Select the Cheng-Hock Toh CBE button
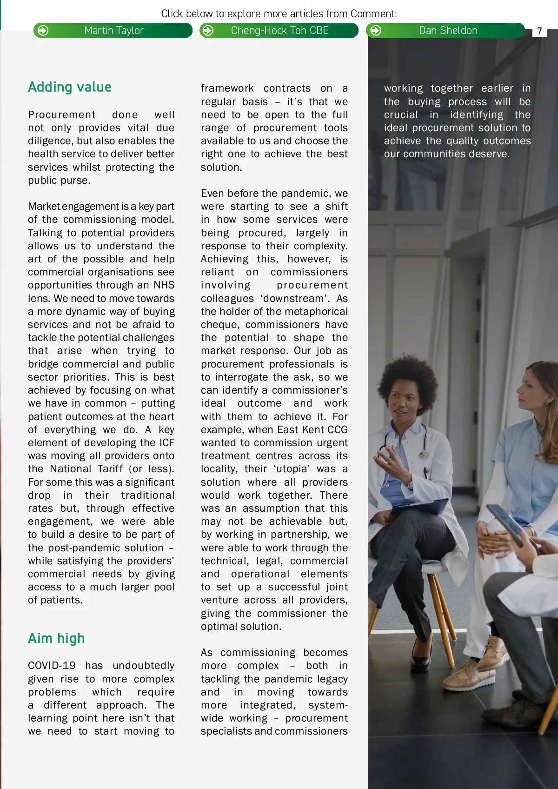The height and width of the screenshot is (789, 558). pyautogui.click(x=279, y=31)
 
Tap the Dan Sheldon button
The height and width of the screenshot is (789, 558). pyautogui.click(x=447, y=31)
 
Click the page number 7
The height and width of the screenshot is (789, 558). pyautogui.click(x=539, y=31)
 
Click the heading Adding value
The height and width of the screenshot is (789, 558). pyautogui.click(x=70, y=87)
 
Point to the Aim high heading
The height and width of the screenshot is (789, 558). pyautogui.click(x=56, y=638)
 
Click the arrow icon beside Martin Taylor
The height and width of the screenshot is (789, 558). pyautogui.click(x=43, y=31)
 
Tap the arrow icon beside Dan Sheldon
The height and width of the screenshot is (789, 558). pyautogui.click(x=376, y=31)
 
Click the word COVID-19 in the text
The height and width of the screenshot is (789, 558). pyautogui.click(x=52, y=666)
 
